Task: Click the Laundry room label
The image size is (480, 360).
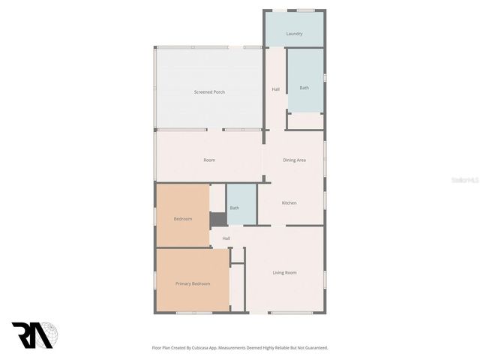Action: [294, 34]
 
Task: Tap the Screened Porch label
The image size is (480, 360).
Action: [209, 91]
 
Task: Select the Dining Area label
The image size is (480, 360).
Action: [294, 160]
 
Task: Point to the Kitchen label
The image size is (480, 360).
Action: [289, 203]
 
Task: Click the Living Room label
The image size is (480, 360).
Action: [284, 272]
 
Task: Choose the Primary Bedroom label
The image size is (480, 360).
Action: [193, 283]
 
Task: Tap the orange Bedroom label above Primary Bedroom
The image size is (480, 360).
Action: [183, 218]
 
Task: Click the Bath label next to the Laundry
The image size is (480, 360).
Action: [304, 88]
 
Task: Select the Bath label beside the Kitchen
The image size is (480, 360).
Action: [235, 208]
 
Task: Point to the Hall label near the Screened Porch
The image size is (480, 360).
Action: [275, 90]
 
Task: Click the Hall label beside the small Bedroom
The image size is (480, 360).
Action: [226, 238]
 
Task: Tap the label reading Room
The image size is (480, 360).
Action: [209, 160]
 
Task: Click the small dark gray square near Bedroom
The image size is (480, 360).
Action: [217, 219]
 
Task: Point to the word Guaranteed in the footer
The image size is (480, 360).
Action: [315, 348]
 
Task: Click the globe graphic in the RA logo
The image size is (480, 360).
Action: [49, 334]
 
